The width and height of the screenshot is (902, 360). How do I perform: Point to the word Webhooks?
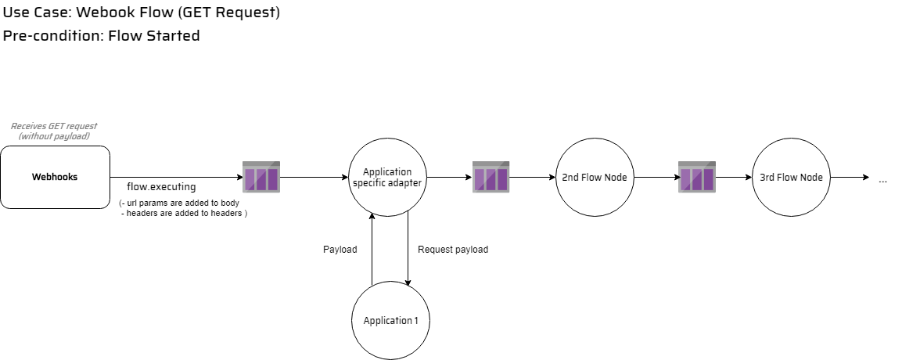pyautogui.click(x=55, y=177)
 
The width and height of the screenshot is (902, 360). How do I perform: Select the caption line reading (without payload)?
pyautogui.click(x=54, y=136)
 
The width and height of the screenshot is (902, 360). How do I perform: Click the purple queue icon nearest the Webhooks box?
pyautogui.click(x=261, y=178)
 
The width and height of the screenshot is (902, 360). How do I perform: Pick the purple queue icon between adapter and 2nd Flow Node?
pyautogui.click(x=491, y=178)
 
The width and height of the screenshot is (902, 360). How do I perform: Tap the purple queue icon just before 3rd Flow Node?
pyautogui.click(x=696, y=178)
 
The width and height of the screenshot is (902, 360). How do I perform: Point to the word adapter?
pyautogui.click(x=406, y=183)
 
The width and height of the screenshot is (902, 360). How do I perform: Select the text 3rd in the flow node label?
pyautogui.click(x=767, y=178)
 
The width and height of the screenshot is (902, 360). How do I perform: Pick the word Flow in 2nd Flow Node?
pyautogui.click(x=592, y=178)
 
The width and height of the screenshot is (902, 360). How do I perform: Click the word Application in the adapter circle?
pyautogui.click(x=387, y=172)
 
